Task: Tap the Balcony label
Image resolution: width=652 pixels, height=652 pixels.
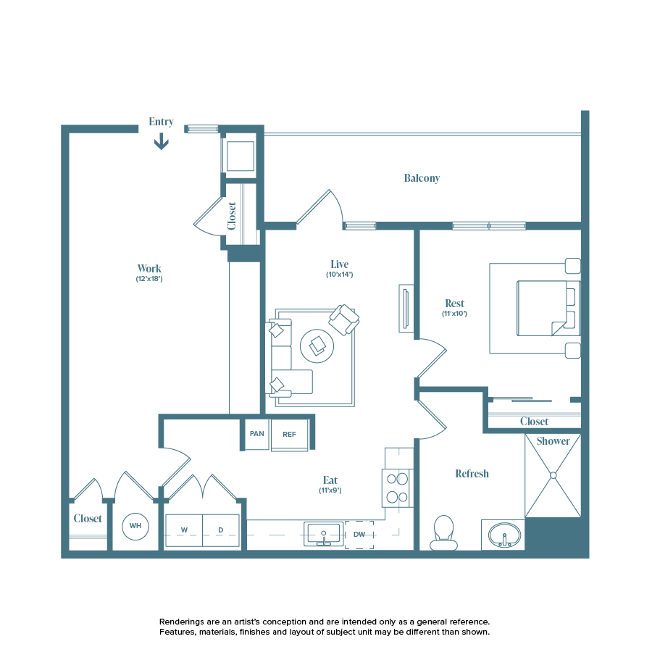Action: pos(422,178)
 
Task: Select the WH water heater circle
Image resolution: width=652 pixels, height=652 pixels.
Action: pos(134,526)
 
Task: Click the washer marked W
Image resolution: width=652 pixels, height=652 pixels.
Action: pos(184,530)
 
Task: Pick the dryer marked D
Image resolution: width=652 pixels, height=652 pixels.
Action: pos(221,530)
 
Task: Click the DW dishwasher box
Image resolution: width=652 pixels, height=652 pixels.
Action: pos(359,535)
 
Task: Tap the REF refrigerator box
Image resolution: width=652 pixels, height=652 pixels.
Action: pos(289,435)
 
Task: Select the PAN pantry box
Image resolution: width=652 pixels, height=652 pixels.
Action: pos(256,435)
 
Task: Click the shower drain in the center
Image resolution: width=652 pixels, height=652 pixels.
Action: pos(553,475)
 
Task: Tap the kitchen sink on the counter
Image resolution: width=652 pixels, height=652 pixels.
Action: pos(324,534)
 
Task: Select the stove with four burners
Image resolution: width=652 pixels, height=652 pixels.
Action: pos(398,488)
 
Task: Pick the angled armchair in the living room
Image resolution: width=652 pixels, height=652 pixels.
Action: pos(343,319)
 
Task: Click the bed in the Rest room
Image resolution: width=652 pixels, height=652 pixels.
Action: pos(548,308)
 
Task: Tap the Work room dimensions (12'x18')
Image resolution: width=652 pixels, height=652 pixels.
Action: pos(149,279)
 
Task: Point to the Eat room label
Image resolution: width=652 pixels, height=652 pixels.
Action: pos(330,480)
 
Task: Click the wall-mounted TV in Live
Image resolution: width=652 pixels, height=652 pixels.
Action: pos(406,308)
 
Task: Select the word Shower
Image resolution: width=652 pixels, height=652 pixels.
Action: pos(553,441)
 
